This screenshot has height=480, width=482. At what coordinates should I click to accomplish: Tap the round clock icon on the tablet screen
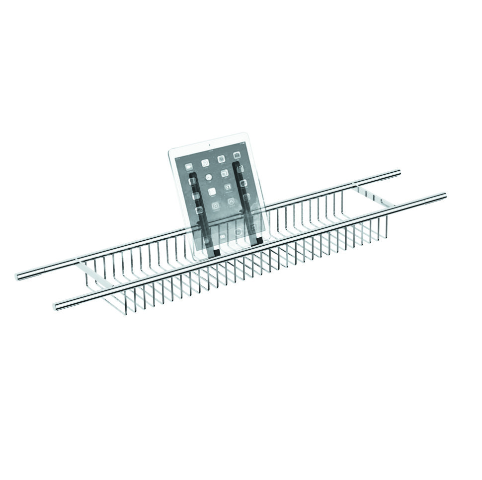(x=209, y=177)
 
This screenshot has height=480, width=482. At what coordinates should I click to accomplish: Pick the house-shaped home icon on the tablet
(x=231, y=202)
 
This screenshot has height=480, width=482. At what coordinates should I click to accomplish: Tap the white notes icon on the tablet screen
(x=212, y=191)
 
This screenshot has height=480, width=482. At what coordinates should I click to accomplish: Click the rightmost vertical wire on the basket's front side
(x=386, y=226)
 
